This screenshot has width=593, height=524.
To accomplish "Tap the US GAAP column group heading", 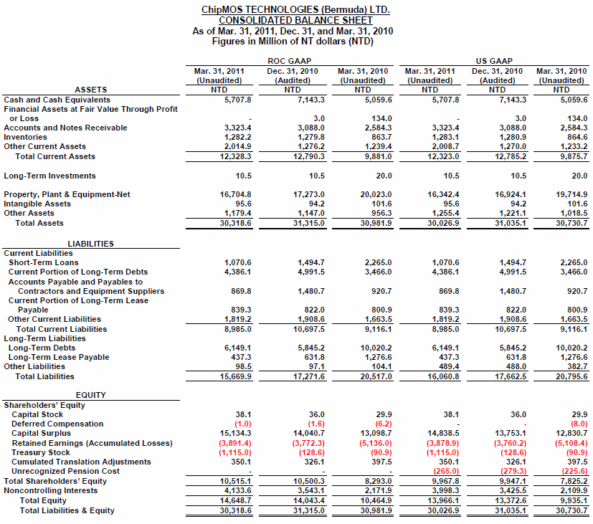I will click(x=494, y=62).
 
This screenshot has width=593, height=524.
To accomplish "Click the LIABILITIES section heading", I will click(x=90, y=244).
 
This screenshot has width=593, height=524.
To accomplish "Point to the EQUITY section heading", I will click(x=90, y=395).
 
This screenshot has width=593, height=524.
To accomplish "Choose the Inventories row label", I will click(x=25, y=137).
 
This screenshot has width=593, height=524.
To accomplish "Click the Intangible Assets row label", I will click(x=37, y=204).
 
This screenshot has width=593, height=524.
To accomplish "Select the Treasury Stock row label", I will click(x=41, y=452).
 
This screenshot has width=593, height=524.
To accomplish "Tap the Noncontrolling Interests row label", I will click(x=51, y=490).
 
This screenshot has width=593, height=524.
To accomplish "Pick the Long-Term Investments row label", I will click(x=49, y=176).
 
